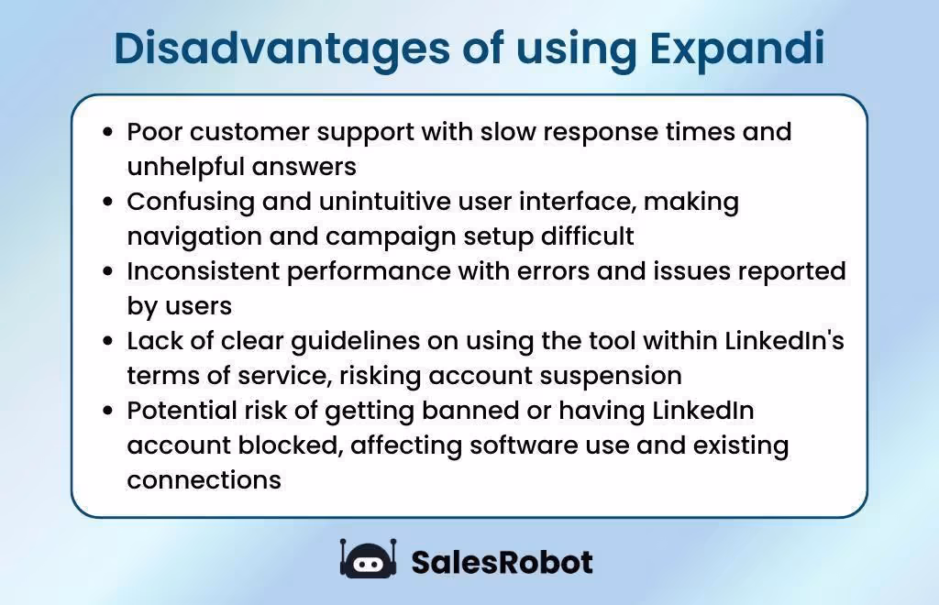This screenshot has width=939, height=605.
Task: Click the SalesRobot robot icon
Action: pos(368,559)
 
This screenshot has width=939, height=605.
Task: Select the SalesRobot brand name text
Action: pos(502,561)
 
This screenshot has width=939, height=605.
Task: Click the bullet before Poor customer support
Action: pos(108,132)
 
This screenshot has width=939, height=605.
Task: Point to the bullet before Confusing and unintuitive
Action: pos(108,202)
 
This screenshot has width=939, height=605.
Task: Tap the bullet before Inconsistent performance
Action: pos(108,271)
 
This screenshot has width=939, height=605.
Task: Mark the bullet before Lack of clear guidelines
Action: pos(108,341)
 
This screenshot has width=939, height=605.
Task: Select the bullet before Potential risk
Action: pos(108,411)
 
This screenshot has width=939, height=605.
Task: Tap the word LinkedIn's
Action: pos(784,341)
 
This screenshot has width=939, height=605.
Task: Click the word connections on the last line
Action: pos(204,480)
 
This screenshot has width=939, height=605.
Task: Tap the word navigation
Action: pos(192,236)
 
